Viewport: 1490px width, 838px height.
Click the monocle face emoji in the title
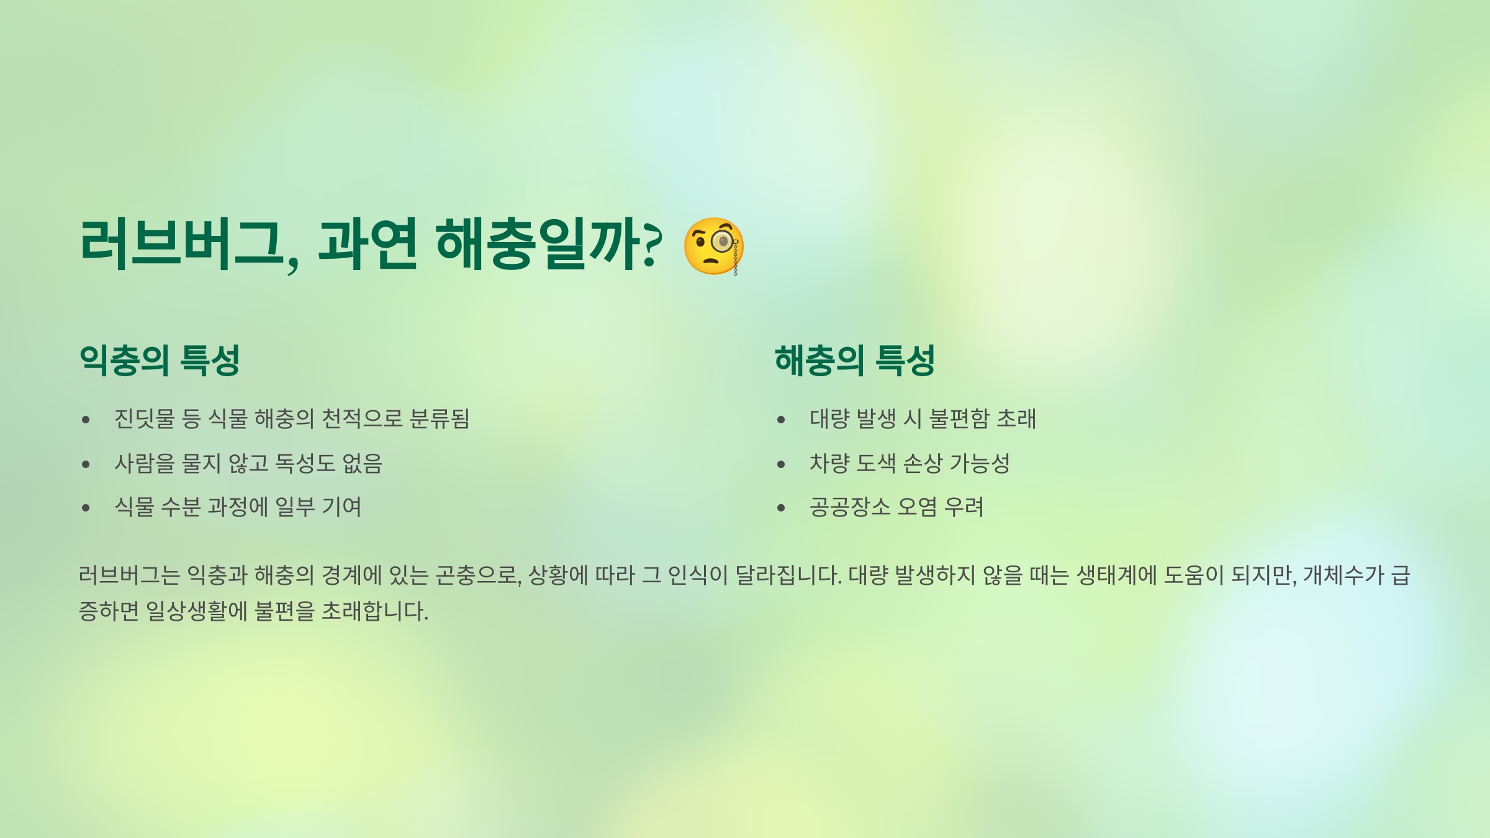[x=713, y=246]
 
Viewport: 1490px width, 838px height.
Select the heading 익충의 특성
[x=160, y=361]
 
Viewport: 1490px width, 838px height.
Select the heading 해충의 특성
[x=854, y=361]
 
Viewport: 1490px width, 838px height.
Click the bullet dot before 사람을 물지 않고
[x=86, y=464]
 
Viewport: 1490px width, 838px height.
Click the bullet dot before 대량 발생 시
[x=781, y=420]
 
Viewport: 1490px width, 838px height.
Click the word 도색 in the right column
[x=875, y=463]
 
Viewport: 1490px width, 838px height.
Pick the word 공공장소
[x=850, y=507]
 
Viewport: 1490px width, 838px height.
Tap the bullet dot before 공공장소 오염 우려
[x=781, y=508]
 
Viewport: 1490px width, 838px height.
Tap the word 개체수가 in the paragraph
[x=1343, y=575]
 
